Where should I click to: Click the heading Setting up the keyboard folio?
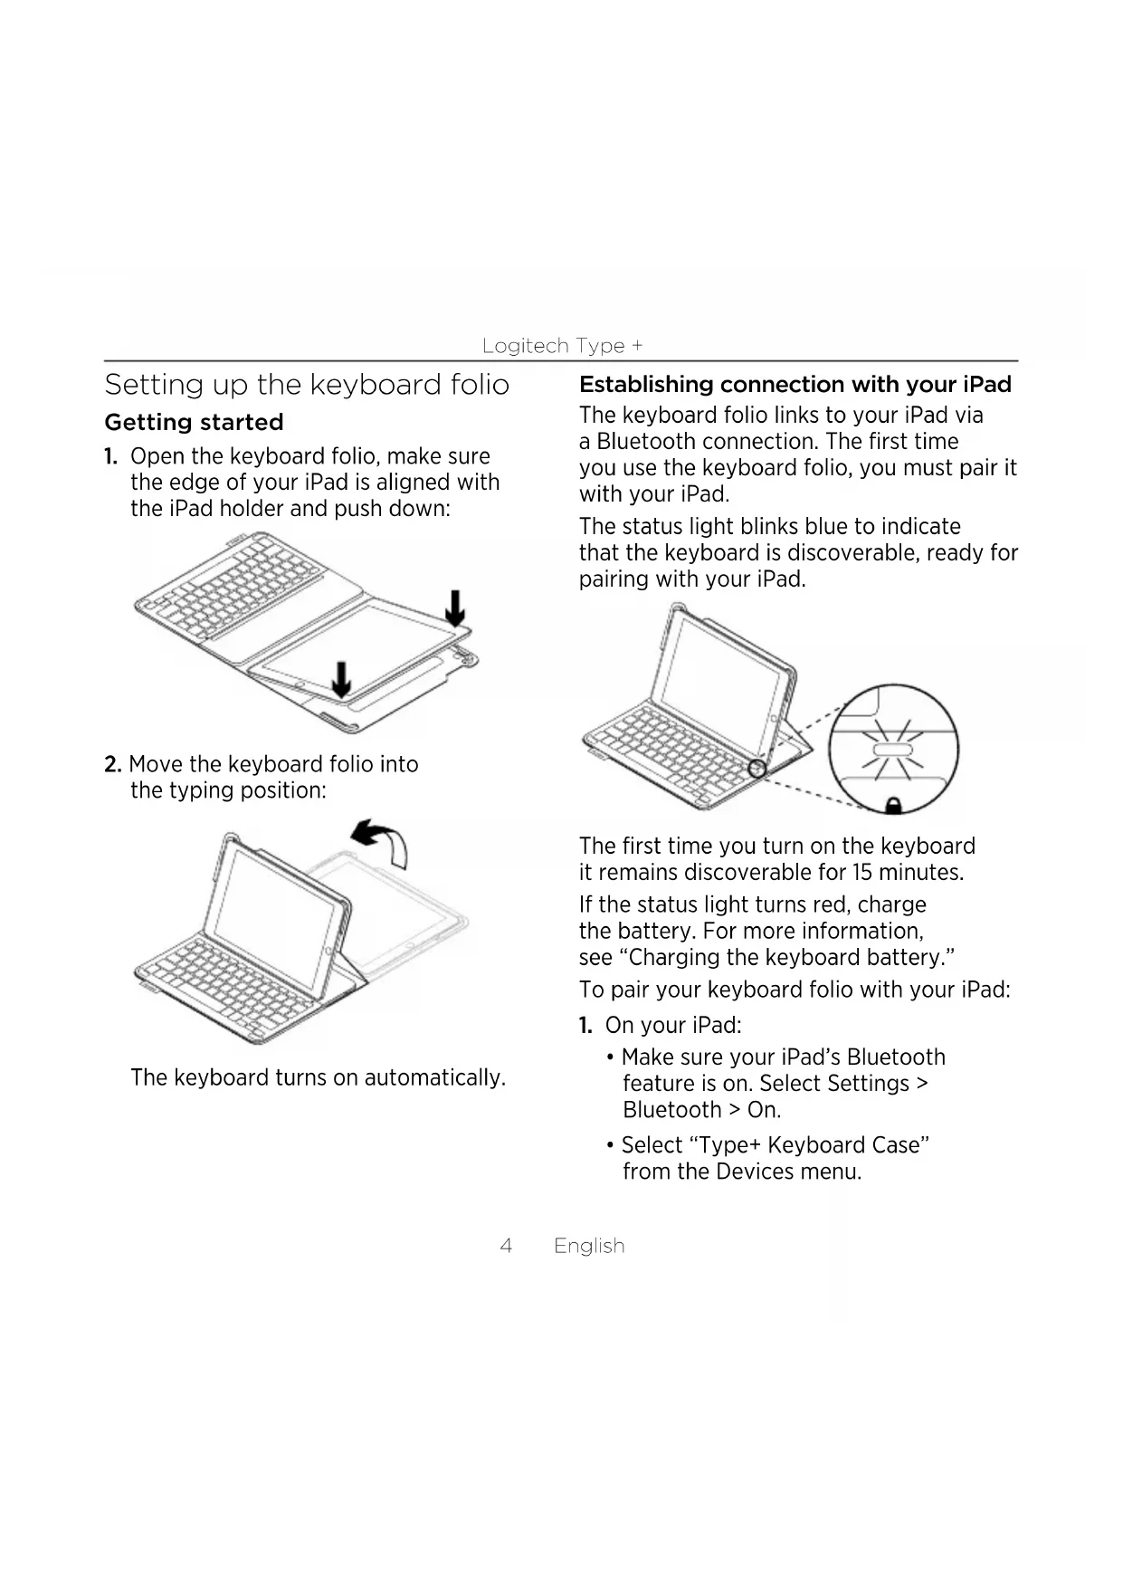(307, 385)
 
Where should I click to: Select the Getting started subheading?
(194, 423)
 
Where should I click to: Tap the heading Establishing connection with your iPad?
(795, 385)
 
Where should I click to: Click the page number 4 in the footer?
(506, 1246)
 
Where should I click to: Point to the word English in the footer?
(589, 1246)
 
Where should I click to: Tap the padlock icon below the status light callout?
(893, 804)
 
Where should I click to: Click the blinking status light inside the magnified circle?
(892, 751)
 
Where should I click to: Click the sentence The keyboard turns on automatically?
(318, 1077)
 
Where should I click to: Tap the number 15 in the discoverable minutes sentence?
(861, 873)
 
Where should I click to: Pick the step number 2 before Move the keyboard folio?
(112, 765)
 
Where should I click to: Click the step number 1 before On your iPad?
(585, 1026)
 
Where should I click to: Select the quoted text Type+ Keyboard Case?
(776, 1145)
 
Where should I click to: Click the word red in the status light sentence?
(831, 905)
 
